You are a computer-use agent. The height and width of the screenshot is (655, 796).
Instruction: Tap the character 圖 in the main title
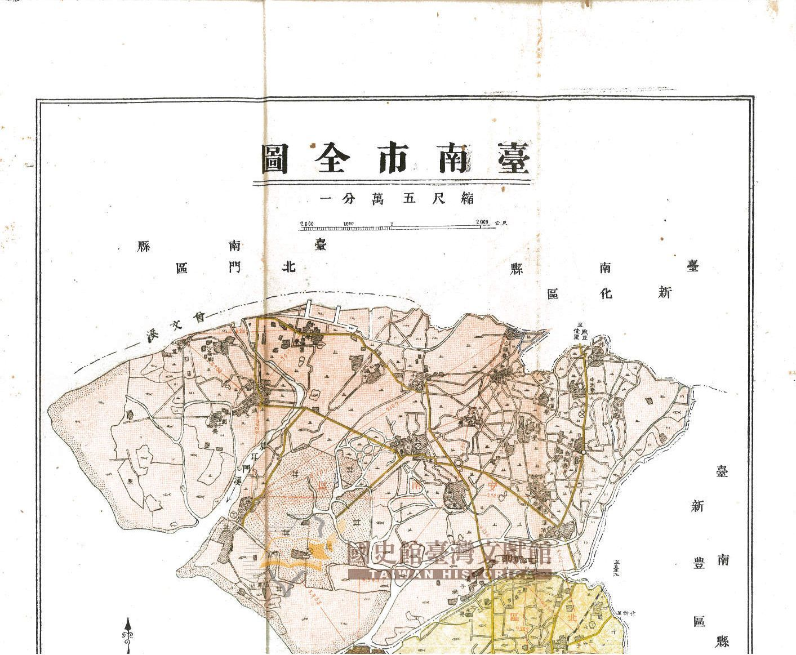[x=275, y=159]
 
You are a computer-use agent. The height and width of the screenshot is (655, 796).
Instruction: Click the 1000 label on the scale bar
[x=348, y=223]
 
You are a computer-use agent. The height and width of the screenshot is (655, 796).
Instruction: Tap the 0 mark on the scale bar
[x=392, y=224]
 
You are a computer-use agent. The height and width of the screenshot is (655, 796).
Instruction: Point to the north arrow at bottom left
[x=128, y=634]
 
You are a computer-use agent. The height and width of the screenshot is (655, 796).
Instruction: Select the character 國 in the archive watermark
[x=362, y=555]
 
